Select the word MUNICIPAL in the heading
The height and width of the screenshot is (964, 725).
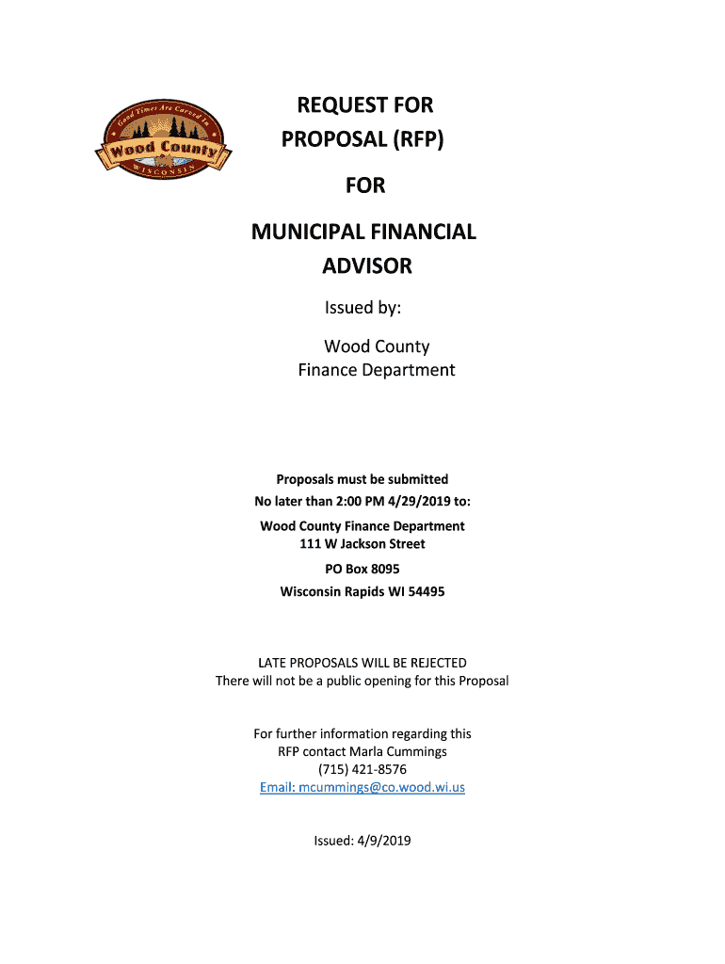tap(314, 231)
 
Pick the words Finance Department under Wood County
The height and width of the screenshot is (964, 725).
tap(377, 370)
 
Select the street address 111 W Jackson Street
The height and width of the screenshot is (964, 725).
tap(362, 544)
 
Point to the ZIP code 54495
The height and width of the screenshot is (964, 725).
tap(426, 592)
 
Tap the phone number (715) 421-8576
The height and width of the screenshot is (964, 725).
tap(362, 769)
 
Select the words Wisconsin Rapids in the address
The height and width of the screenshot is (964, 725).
tap(327, 592)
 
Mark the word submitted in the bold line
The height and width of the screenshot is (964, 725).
tap(415, 479)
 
